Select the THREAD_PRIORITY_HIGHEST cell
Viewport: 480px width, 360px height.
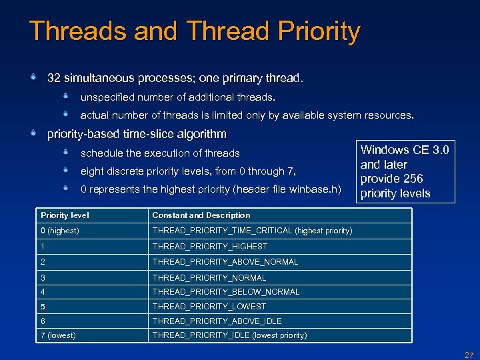click(209, 247)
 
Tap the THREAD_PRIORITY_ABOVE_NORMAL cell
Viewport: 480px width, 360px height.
click(225, 262)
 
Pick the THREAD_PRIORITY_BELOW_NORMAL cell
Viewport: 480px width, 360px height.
click(225, 292)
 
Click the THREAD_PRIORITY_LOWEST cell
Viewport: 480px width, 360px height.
click(209, 307)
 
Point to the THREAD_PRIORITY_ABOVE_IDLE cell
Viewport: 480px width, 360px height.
click(217, 321)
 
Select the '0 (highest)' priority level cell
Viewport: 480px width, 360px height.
click(59, 231)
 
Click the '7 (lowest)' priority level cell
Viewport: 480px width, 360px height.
click(57, 335)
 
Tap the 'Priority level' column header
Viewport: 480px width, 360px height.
click(65, 215)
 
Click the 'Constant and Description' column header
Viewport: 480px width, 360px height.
click(201, 215)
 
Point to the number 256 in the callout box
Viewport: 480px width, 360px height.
click(412, 179)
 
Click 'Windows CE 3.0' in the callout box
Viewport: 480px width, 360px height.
click(405, 150)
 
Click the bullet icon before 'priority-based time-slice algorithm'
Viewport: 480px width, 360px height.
click(33, 133)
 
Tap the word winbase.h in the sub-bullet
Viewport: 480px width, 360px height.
click(315, 190)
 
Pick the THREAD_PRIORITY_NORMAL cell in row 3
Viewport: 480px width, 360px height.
click(209, 277)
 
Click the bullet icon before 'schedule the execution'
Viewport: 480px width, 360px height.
click(66, 152)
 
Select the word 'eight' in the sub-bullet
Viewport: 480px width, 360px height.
click(91, 171)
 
